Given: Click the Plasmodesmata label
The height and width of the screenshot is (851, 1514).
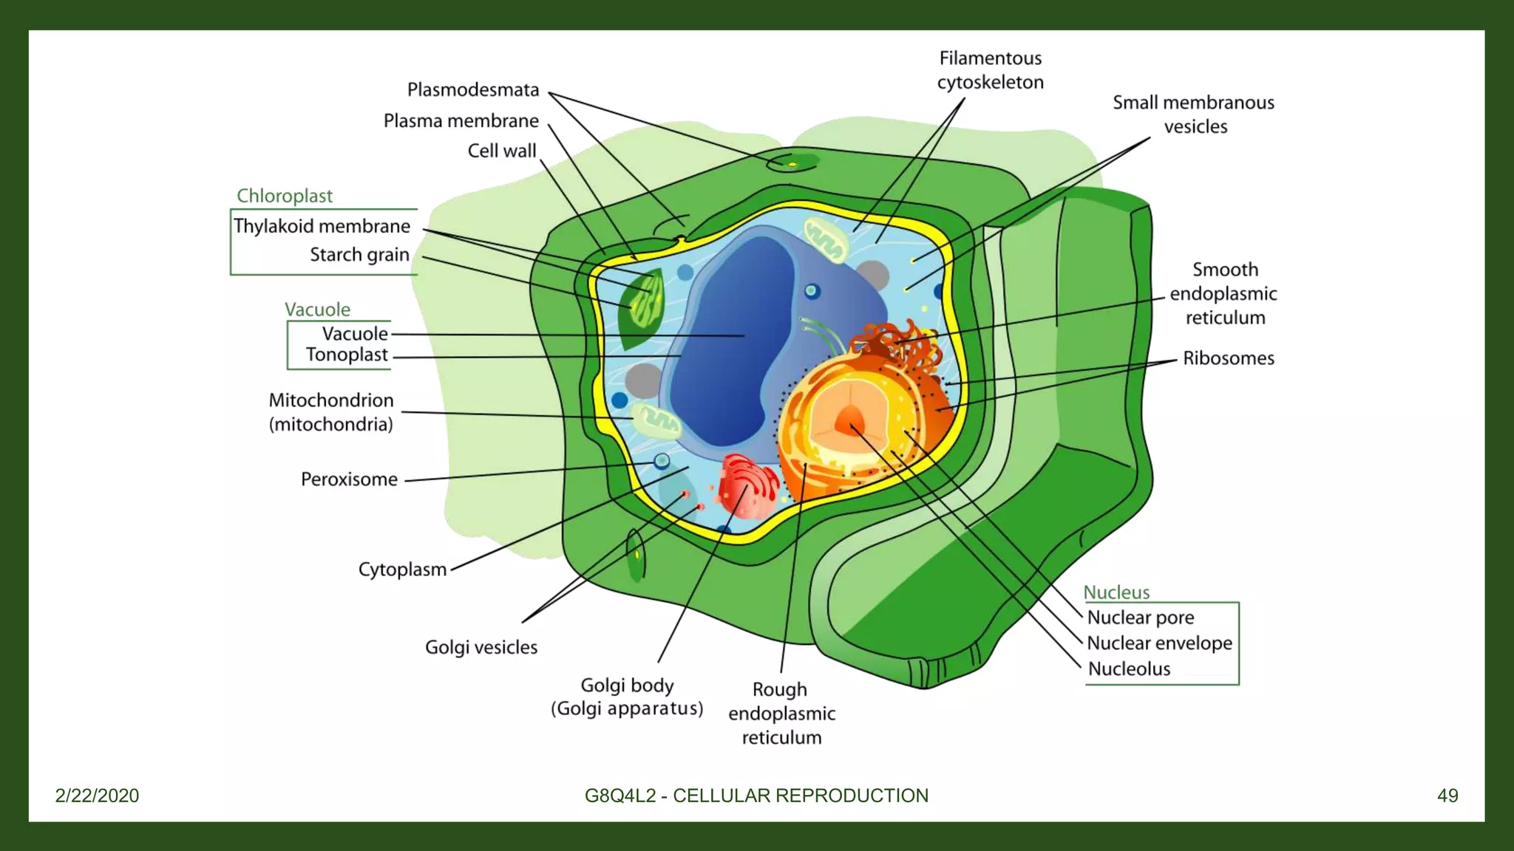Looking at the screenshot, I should coord(473,90).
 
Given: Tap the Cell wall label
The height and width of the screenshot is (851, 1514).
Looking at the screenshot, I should coord(502,151).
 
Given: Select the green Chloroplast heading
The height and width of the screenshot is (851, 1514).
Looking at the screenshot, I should coord(285,196).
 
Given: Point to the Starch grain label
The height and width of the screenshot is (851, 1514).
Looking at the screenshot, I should coord(359,255).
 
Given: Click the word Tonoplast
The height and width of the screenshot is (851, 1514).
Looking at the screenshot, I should coord(347,355).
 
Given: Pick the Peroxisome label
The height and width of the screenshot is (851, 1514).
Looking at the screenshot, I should coord(349,479).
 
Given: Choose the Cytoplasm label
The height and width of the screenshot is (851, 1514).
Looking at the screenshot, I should coord(402,570).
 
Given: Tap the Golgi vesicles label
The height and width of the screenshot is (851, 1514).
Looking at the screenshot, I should coord(481,648).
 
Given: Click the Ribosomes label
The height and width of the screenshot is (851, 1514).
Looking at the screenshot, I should coord(1229,358).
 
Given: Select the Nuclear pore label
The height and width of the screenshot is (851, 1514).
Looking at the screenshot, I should coord(1141,618).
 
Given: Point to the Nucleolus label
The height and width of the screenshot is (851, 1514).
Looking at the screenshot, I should coord(1129,669).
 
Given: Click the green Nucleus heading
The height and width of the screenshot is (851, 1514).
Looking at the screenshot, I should coord(1116,592).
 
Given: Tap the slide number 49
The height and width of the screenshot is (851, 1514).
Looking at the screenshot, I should coord(1447,796).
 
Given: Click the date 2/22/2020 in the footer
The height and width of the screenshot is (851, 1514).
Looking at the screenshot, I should coord(97,796).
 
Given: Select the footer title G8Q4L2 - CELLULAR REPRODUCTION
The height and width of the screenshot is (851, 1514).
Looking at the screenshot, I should coord(756,796).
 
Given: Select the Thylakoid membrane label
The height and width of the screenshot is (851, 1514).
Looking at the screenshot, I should coord(322,226).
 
